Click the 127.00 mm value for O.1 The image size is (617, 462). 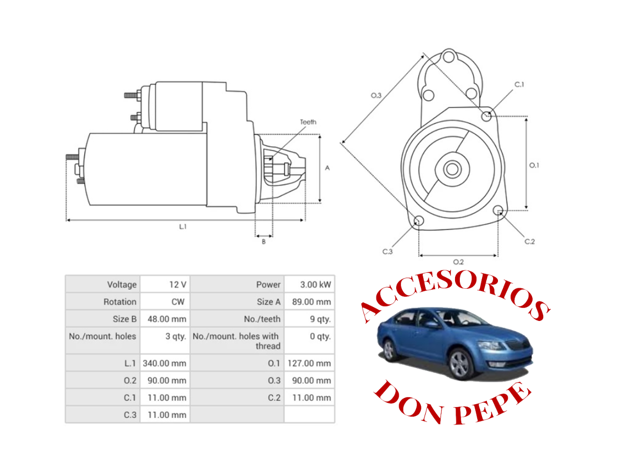(309, 363)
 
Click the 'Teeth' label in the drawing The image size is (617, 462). (308, 122)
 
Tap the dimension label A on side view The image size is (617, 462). (327, 168)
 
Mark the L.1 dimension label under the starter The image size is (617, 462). (183, 227)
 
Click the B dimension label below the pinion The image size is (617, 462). (264, 242)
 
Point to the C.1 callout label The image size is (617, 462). (519, 85)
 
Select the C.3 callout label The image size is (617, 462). (388, 252)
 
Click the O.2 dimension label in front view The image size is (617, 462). (458, 262)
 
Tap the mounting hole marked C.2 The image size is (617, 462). (498, 210)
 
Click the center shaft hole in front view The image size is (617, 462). (452, 169)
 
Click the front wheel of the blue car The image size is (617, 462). (460, 364)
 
